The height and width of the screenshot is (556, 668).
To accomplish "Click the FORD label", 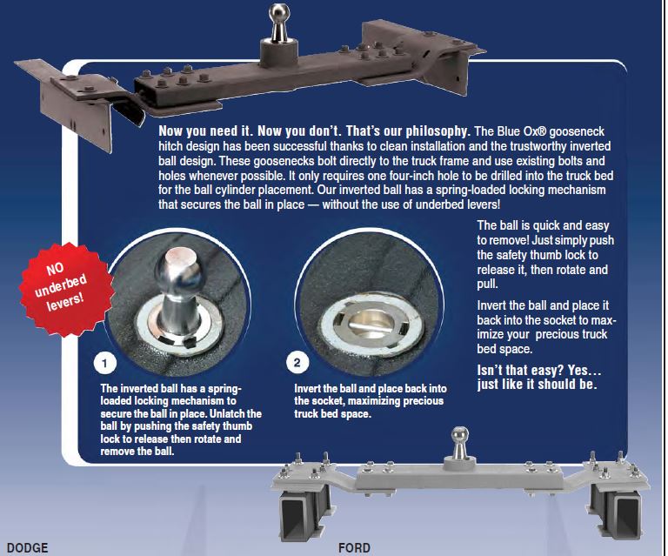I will point(354,548).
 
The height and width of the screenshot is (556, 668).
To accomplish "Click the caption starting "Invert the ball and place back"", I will point(369,400).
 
